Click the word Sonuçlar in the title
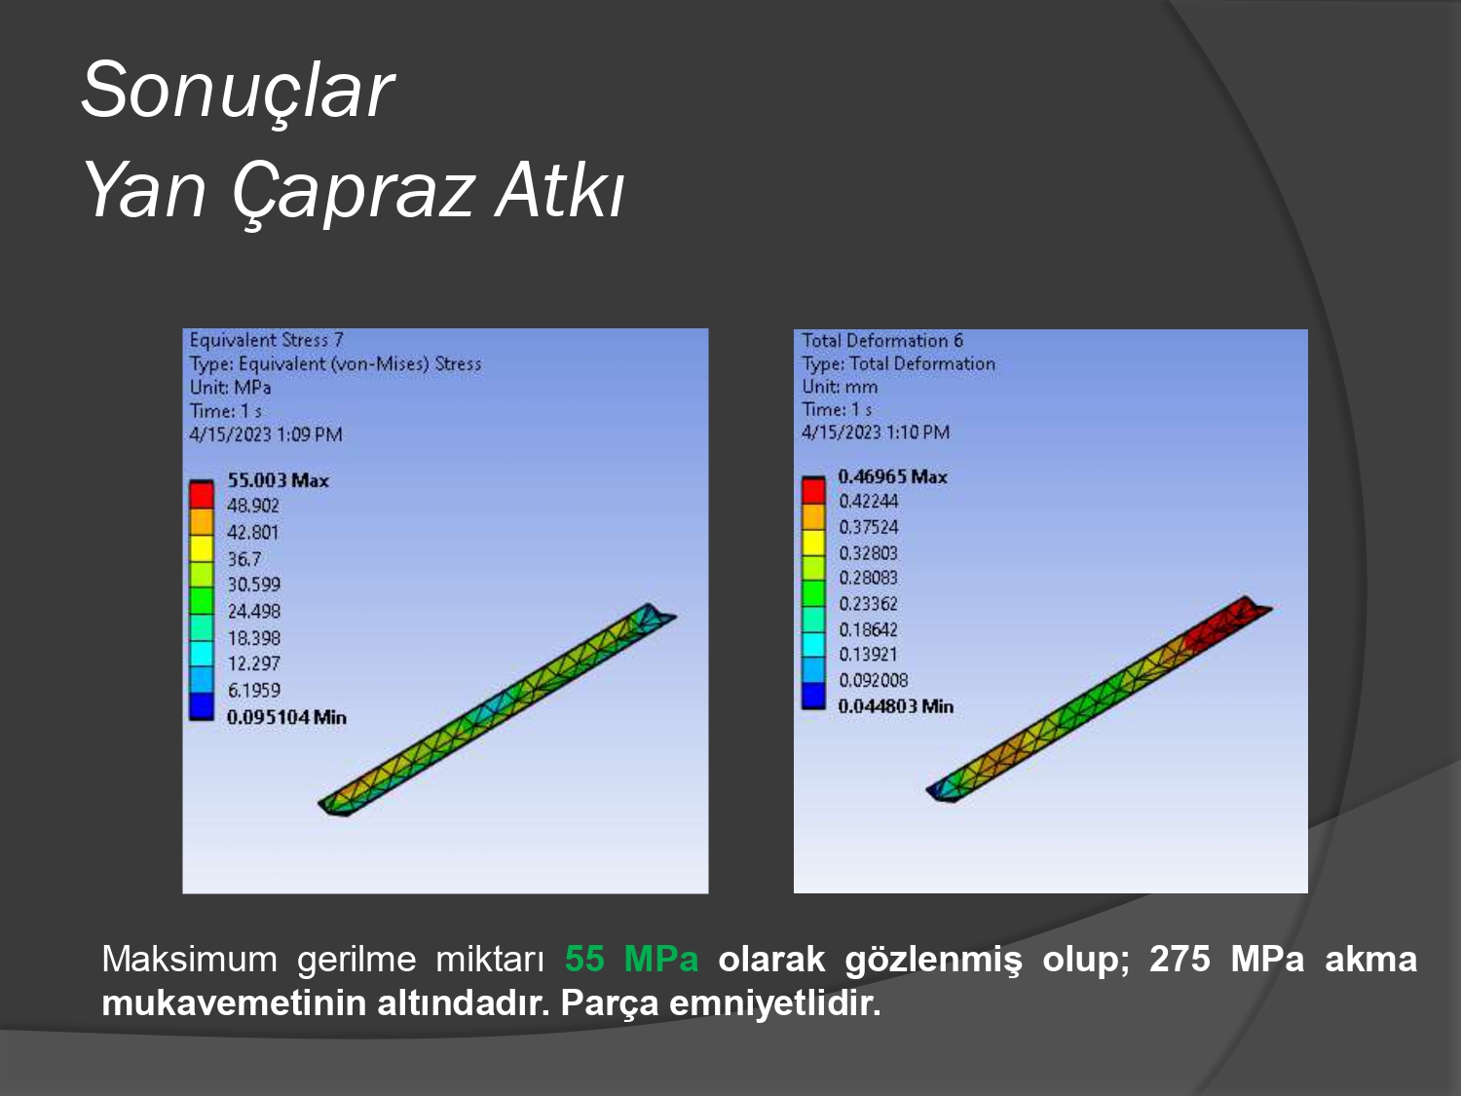pyautogui.click(x=238, y=90)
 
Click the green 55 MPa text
pyautogui.click(x=632, y=960)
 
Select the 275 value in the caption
pyautogui.click(x=1180, y=960)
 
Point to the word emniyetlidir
pyautogui.click(x=774, y=1003)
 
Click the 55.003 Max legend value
pyautogui.click(x=279, y=480)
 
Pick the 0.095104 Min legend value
pyautogui.click(x=286, y=717)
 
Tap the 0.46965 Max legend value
pyautogui.click(x=892, y=476)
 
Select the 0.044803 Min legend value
pyautogui.click(x=895, y=706)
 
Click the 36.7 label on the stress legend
pyautogui.click(x=244, y=559)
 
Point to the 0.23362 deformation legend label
pyautogui.click(x=868, y=604)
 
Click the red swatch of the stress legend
pyautogui.click(x=201, y=495)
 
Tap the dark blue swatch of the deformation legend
pyautogui.click(x=813, y=695)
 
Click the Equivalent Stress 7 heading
pyautogui.click(x=266, y=340)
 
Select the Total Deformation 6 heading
pyautogui.click(x=881, y=341)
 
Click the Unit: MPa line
pyautogui.click(x=230, y=388)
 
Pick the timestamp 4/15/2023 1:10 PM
pyautogui.click(x=876, y=433)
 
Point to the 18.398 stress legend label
pyautogui.click(x=253, y=638)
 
